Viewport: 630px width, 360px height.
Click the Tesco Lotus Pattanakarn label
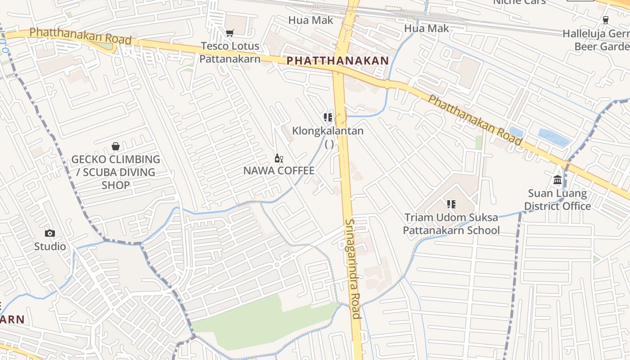[229, 52]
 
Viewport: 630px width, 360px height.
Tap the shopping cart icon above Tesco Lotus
[229, 33]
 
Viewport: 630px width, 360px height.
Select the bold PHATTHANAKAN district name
[337, 61]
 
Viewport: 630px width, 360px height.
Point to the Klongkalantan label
[328, 131]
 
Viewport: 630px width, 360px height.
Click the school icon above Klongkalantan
[328, 117]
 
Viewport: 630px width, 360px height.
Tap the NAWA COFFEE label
[279, 171]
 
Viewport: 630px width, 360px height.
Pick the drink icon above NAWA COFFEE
[279, 158]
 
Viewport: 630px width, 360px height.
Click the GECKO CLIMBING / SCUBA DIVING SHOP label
[116, 172]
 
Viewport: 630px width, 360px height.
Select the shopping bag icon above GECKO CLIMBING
[116, 146]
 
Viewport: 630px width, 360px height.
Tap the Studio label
[50, 247]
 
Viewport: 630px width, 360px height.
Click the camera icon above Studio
[50, 233]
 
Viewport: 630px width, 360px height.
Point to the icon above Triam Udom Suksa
[451, 204]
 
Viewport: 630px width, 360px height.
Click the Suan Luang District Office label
[558, 200]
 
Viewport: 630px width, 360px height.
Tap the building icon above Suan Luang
[558, 180]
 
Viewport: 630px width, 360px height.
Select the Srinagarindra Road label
[353, 269]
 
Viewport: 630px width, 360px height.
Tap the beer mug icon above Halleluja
[605, 20]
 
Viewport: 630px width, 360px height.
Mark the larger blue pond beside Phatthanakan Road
[553, 137]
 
